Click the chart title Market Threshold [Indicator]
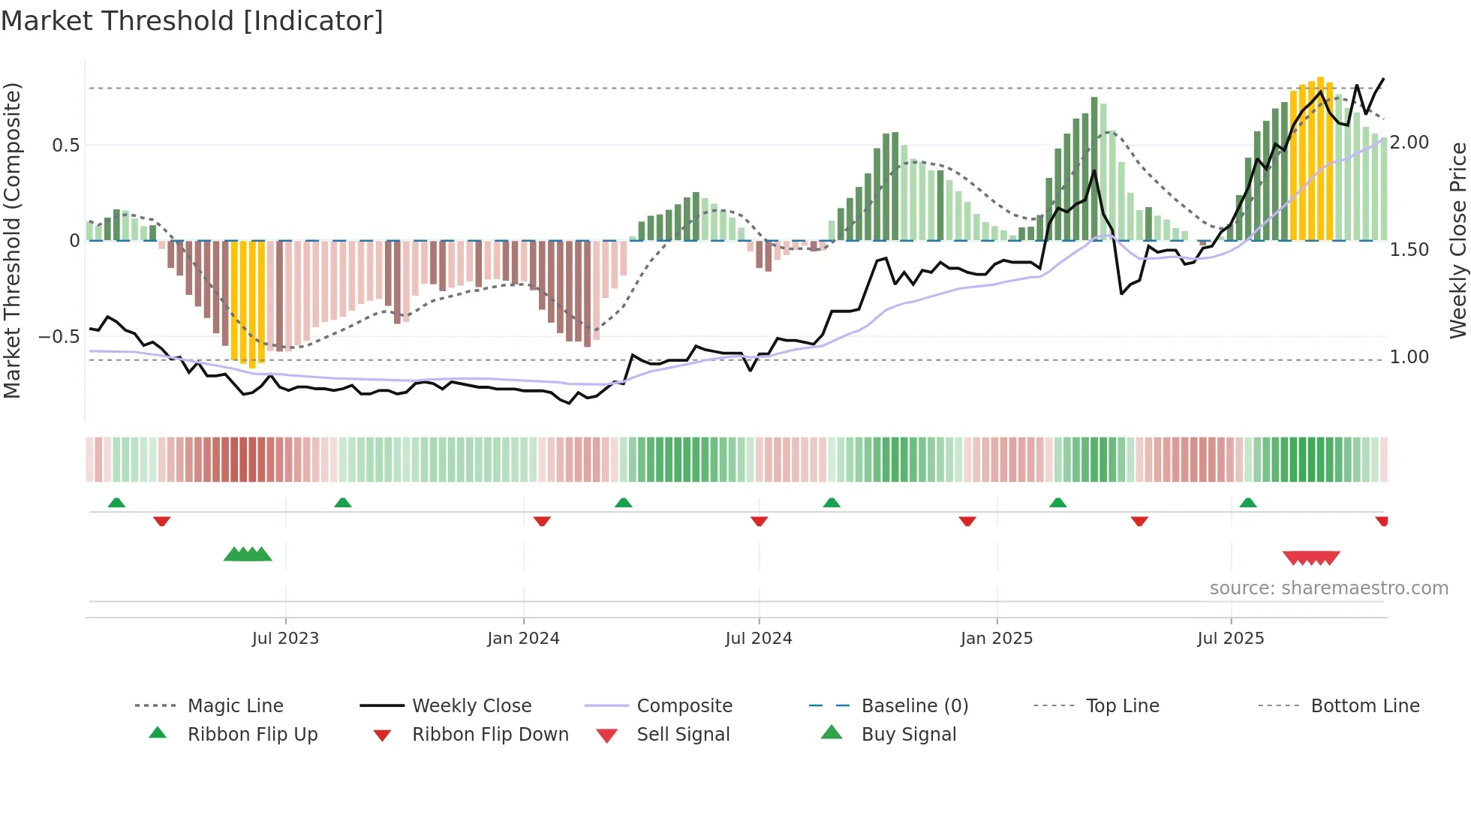tap(192, 21)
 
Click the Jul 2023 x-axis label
tap(285, 639)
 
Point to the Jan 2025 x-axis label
tap(996, 639)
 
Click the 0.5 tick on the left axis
tap(66, 146)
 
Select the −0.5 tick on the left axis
tap(59, 337)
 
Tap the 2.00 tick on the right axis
tap(1409, 143)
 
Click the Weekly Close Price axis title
tap(1457, 240)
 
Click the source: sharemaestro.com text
tap(1328, 588)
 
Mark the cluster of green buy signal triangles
tap(248, 555)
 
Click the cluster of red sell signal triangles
tap(1311, 558)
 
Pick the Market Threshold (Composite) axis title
tap(13, 240)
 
